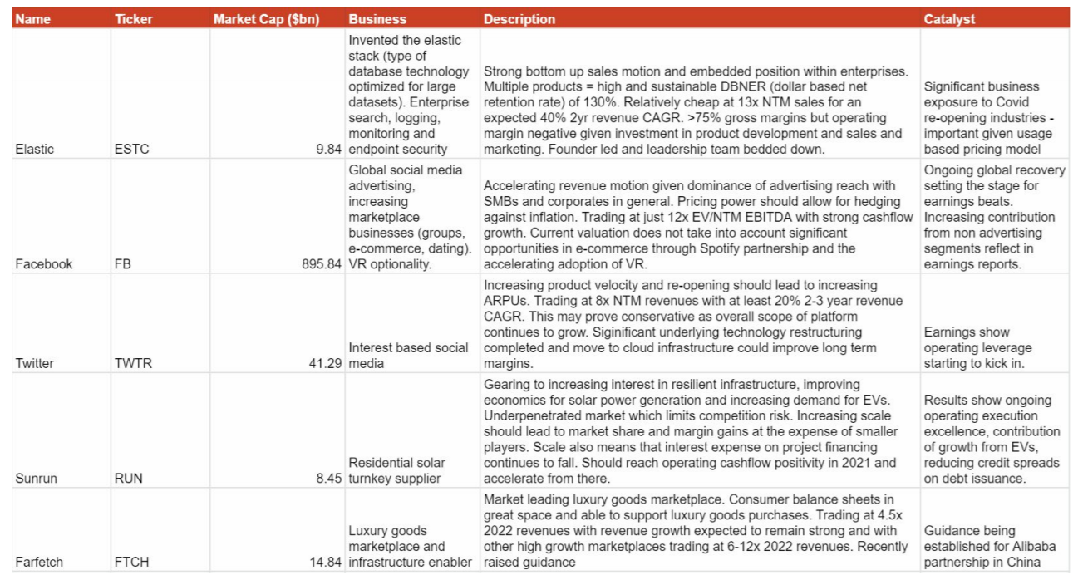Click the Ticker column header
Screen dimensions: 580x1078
pos(134,19)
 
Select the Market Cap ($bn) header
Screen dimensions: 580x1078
pos(266,19)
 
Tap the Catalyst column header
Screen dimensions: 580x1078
pos(949,19)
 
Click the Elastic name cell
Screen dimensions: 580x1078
pos(34,150)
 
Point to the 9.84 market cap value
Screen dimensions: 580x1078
pos(328,150)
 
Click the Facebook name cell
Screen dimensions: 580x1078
pos(43,264)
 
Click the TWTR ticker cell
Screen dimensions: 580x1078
pos(133,364)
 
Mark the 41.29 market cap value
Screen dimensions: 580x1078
pos(325,364)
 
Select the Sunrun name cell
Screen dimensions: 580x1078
pos(35,479)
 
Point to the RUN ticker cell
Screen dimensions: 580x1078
pos(129,479)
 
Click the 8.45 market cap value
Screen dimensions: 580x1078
pos(328,479)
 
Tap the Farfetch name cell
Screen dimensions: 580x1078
pos(39,562)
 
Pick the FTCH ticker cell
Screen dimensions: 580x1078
pos(133,562)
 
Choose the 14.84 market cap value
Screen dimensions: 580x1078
pos(325,562)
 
